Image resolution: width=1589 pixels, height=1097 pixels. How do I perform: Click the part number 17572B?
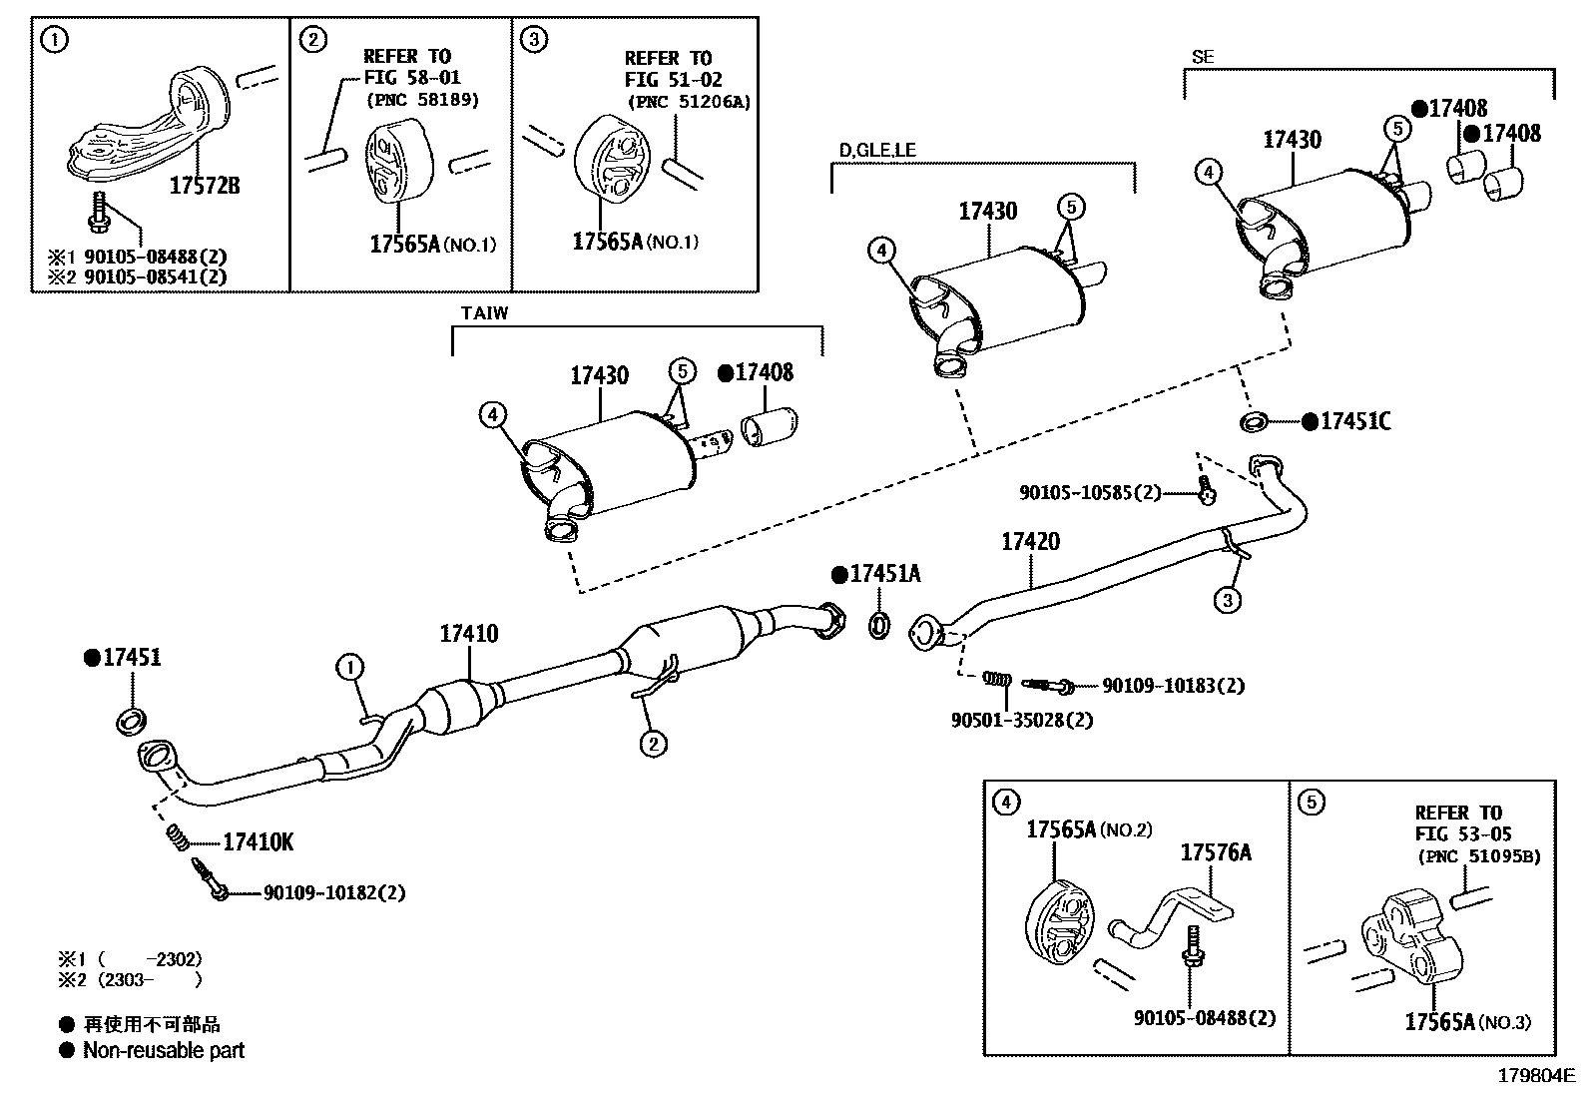(205, 186)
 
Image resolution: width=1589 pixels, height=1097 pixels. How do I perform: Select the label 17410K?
(258, 842)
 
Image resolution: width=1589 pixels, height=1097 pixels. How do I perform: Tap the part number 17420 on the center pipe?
(1030, 541)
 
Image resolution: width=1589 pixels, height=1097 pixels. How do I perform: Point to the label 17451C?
(1354, 421)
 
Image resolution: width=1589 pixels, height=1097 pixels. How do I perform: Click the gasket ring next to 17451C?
(1255, 422)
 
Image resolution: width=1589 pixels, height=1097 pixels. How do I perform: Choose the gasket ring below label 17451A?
(879, 625)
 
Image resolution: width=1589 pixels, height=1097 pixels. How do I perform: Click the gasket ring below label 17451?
(131, 721)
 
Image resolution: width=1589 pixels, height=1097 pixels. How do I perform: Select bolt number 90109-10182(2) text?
(334, 892)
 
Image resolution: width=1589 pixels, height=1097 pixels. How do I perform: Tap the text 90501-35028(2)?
(1021, 721)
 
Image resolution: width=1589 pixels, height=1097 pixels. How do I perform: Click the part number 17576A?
(1215, 852)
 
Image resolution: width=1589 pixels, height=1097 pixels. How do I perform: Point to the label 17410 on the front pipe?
(469, 633)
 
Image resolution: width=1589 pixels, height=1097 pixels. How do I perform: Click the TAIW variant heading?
(484, 312)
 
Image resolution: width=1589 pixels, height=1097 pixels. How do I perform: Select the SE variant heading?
(1203, 57)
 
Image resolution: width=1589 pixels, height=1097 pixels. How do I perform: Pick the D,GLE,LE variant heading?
(877, 150)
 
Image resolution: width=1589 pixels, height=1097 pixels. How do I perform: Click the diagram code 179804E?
(1536, 1076)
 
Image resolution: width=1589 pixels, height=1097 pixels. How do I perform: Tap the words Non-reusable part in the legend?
(163, 1050)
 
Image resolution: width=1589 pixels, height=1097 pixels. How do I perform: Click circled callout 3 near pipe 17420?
(1228, 600)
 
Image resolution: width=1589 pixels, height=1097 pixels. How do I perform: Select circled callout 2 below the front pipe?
(654, 744)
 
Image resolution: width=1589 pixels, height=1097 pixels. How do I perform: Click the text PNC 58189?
(423, 100)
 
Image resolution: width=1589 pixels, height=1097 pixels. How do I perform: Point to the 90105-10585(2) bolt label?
(1090, 492)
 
